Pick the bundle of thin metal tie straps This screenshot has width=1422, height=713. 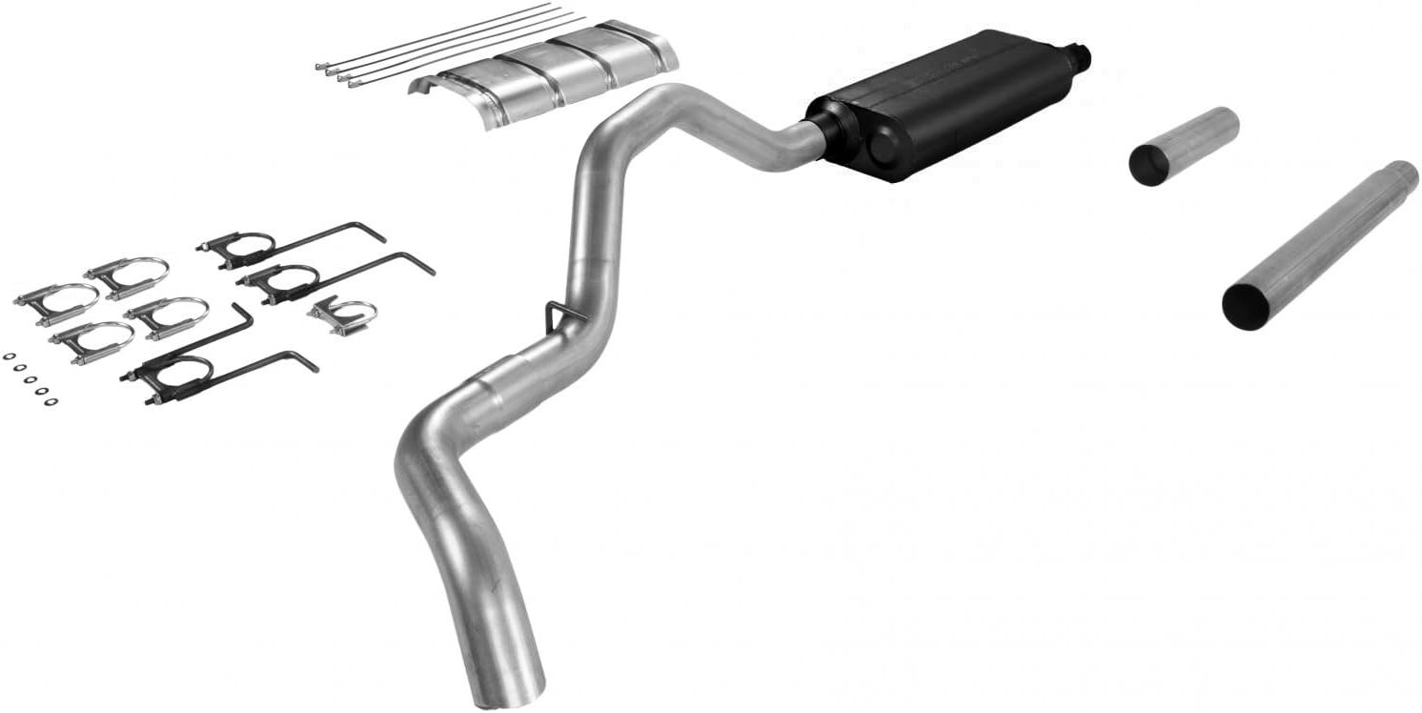click(448, 43)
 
